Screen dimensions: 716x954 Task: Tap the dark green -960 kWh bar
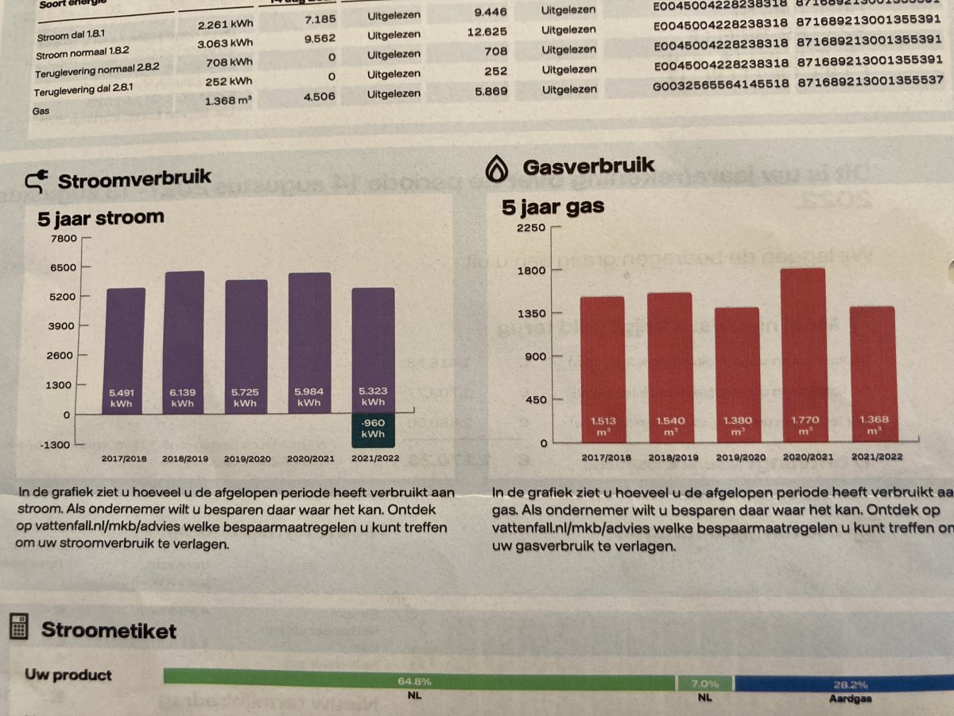[x=372, y=430]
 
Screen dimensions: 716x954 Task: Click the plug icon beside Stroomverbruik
[x=37, y=180]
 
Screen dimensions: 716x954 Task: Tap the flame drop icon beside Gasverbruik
[x=498, y=168]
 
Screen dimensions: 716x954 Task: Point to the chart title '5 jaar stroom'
[x=101, y=217]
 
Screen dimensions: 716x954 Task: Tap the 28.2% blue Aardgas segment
[x=844, y=683]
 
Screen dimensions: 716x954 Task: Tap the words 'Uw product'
[x=68, y=675]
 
